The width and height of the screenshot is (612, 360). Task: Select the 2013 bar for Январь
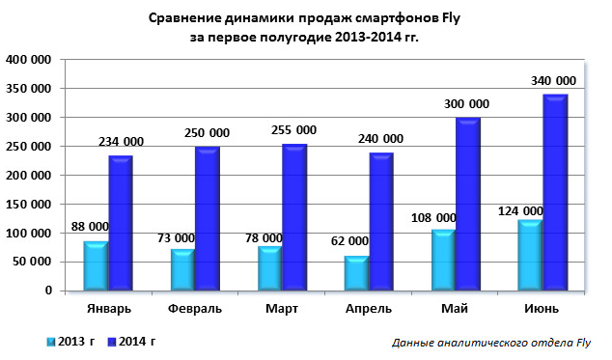[95, 265]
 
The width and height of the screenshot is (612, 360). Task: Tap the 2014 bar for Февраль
[207, 218]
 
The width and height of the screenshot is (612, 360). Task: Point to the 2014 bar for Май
[467, 204]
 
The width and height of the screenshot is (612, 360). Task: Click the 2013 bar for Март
[268, 268]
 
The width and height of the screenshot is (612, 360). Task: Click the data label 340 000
[553, 80]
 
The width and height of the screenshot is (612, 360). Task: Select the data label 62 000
[350, 241]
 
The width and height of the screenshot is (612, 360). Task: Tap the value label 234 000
[123, 142]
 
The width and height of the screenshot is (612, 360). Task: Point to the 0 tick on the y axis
[47, 291]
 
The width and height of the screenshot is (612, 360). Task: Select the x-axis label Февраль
[194, 308]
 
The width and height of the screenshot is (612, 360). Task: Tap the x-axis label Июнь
[542, 308]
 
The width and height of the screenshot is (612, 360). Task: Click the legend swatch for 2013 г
[50, 341]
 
